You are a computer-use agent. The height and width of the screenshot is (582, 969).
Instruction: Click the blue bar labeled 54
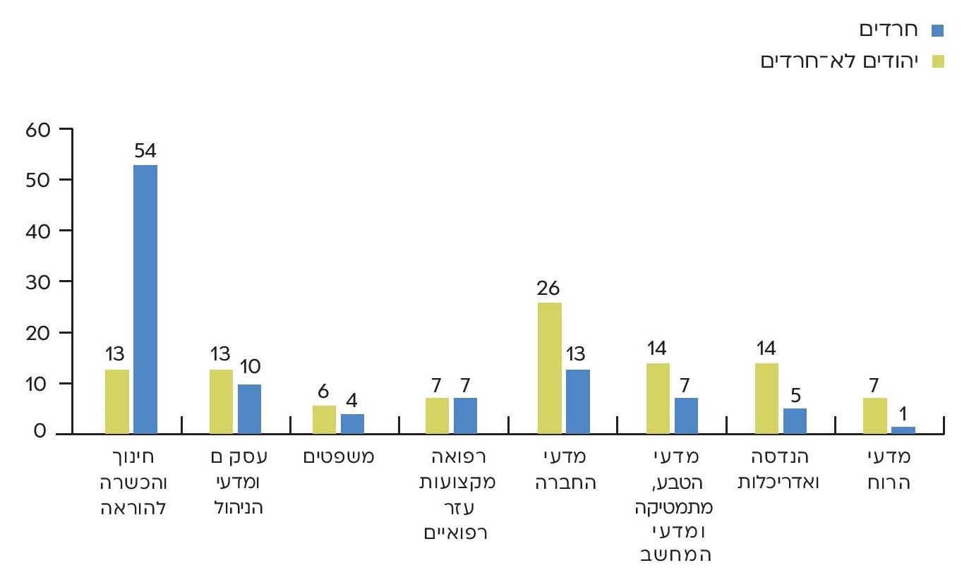point(145,299)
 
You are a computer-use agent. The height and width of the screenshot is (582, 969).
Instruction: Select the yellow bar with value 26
point(550,368)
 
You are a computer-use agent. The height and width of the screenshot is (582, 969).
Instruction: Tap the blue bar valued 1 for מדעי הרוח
point(903,430)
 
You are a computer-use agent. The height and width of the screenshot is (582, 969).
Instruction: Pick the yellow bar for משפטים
point(324,419)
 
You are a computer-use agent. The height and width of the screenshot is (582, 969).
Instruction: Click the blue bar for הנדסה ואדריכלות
point(795,420)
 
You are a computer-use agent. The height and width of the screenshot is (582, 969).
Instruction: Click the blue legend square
point(937,30)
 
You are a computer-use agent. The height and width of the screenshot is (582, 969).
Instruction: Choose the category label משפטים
point(339,457)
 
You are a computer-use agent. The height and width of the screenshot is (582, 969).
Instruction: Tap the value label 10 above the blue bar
point(251,367)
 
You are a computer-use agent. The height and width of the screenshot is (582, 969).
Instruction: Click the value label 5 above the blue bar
point(795,392)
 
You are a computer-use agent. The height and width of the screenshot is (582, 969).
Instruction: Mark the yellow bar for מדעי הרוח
point(874,416)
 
